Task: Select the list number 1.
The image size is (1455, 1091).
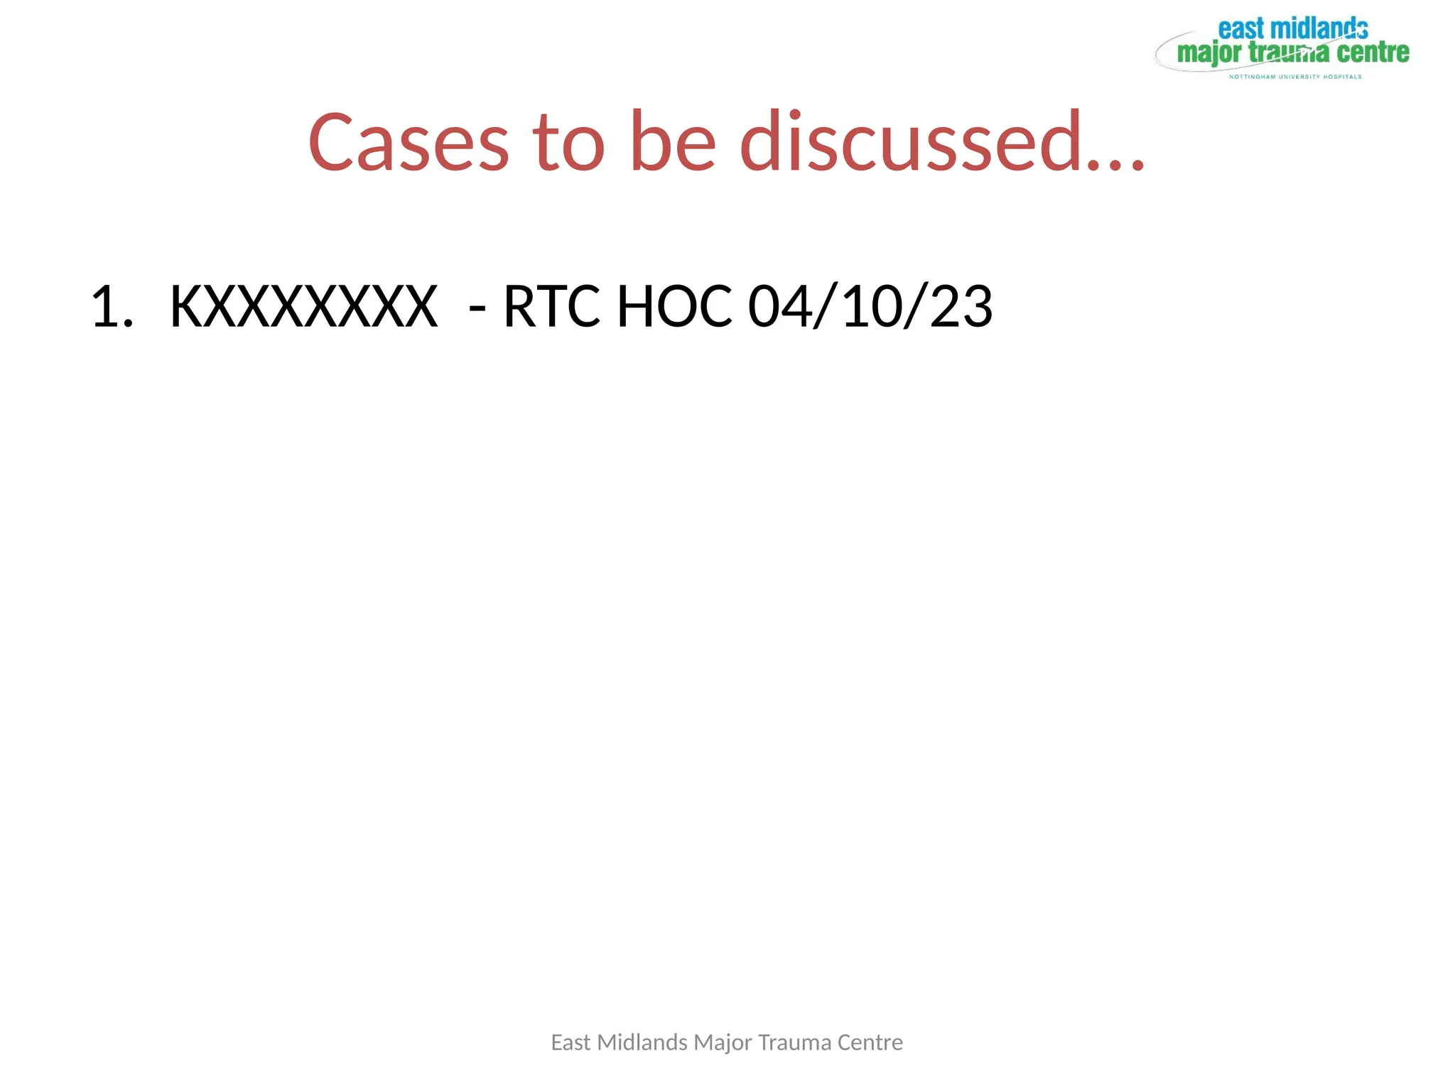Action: (x=112, y=307)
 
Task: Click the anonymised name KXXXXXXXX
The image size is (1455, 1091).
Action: (x=303, y=307)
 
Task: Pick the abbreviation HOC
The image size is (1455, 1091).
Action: (x=674, y=307)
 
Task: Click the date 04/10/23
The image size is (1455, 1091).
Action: (x=870, y=307)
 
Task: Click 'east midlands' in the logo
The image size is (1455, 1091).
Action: (x=1293, y=29)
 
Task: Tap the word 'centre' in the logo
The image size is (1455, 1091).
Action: (x=1373, y=53)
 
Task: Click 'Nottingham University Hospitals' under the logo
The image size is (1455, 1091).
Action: (x=1295, y=77)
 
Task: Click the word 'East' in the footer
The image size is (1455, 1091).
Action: (x=570, y=1043)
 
